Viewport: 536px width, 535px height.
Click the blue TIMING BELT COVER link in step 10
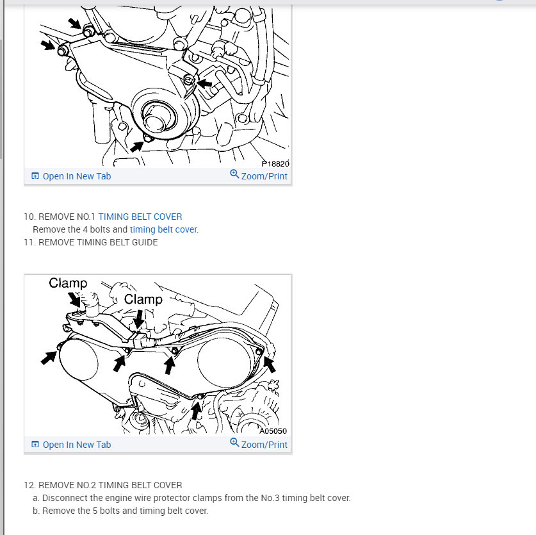coord(140,217)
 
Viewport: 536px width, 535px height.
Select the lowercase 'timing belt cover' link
coord(163,229)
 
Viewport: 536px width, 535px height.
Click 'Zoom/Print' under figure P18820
coord(264,176)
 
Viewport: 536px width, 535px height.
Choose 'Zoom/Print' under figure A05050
coord(264,445)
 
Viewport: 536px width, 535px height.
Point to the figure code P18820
coord(275,164)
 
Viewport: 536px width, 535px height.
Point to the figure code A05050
coord(273,431)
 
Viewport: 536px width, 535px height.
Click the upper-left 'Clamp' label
coord(68,283)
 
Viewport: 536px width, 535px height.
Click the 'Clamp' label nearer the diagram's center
coord(143,299)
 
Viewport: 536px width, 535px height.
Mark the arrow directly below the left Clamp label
coord(74,300)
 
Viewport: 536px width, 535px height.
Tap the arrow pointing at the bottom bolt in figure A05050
coord(195,410)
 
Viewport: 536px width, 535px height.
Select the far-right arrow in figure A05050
coord(269,365)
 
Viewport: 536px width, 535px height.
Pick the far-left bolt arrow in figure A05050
coord(49,358)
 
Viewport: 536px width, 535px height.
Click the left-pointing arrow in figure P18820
coord(205,83)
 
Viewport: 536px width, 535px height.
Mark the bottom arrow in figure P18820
coord(137,147)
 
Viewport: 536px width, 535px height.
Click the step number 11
coord(29,242)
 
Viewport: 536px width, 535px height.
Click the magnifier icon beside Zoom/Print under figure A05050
coord(234,443)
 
